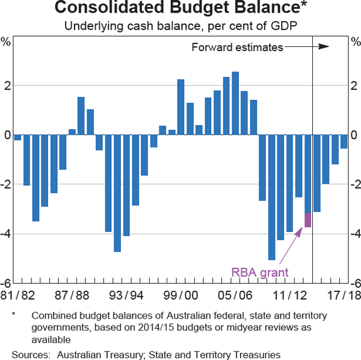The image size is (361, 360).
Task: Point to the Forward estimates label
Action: [x=236, y=47]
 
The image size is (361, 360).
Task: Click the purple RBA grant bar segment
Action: [x=308, y=220]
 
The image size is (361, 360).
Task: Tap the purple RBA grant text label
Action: [x=260, y=272]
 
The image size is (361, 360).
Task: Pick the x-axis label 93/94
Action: [x=126, y=295]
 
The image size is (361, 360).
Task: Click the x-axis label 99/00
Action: [x=181, y=295]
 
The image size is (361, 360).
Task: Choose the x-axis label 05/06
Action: [x=236, y=295]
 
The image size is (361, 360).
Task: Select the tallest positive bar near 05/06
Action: [x=235, y=103]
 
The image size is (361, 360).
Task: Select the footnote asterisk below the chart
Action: [x=13, y=314]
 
